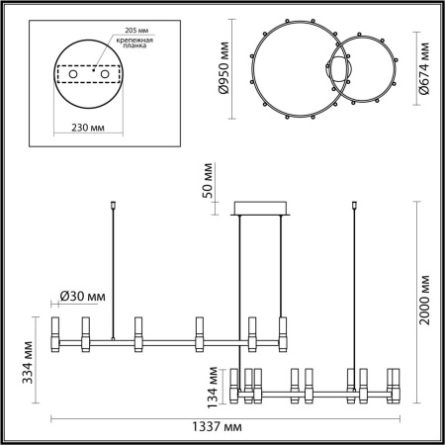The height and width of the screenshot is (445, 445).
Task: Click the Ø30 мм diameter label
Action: click(x=77, y=295)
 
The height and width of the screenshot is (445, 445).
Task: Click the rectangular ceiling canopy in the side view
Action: click(x=260, y=208)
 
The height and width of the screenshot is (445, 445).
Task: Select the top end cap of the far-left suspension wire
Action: click(x=116, y=208)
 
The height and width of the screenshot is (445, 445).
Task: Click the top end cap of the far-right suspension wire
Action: click(x=352, y=208)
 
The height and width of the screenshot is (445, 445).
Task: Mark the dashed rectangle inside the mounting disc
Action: click(x=90, y=77)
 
